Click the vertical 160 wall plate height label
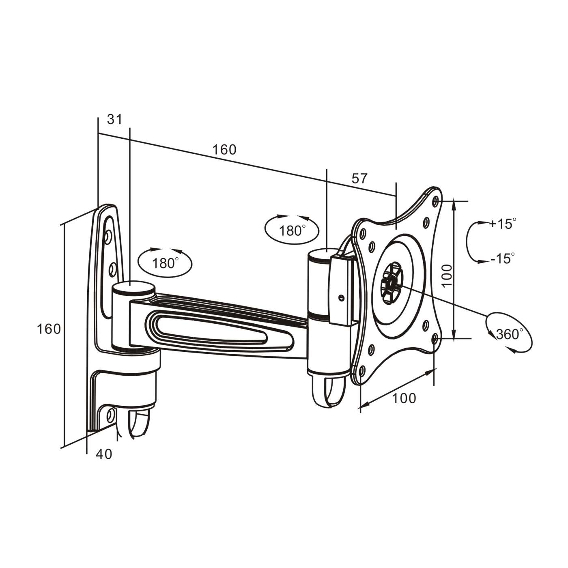pos(49,329)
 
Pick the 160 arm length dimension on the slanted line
pos(224,150)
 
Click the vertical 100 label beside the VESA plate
pos(447,275)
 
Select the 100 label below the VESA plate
pos(404,398)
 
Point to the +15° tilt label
pos(502,224)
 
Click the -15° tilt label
pos(502,258)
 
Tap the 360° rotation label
pos(510,334)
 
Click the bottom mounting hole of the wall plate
pos(110,415)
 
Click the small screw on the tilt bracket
pos(341,297)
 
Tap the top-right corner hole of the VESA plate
pos(436,201)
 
